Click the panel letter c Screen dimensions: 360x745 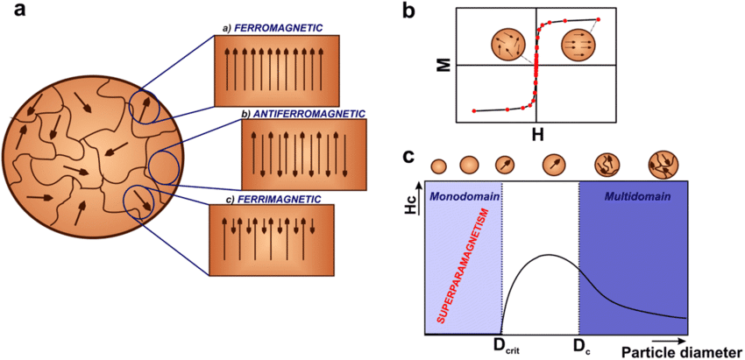[x=409, y=157]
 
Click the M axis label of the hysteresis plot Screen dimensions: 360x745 [x=445, y=65]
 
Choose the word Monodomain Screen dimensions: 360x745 [x=464, y=194]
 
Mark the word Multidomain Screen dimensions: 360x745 [x=638, y=194]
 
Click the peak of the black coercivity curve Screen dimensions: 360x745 [x=548, y=255]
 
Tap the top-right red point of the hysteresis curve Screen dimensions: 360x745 [x=600, y=19]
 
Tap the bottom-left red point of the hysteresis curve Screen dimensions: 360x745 [x=473, y=111]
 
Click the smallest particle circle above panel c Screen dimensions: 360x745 [x=439, y=166]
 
